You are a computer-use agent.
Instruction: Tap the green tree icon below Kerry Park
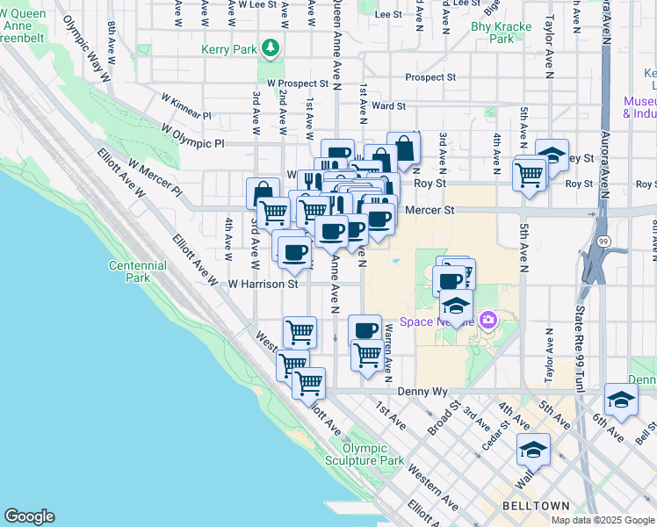pos(271,47)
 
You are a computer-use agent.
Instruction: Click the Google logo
pos(29,516)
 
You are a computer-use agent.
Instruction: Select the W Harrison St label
pos(264,284)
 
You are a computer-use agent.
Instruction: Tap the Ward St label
pos(388,105)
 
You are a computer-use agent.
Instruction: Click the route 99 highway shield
pos(603,241)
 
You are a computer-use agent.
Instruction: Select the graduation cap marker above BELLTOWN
pos(532,450)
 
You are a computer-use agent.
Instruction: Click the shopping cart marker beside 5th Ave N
pos(530,173)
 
